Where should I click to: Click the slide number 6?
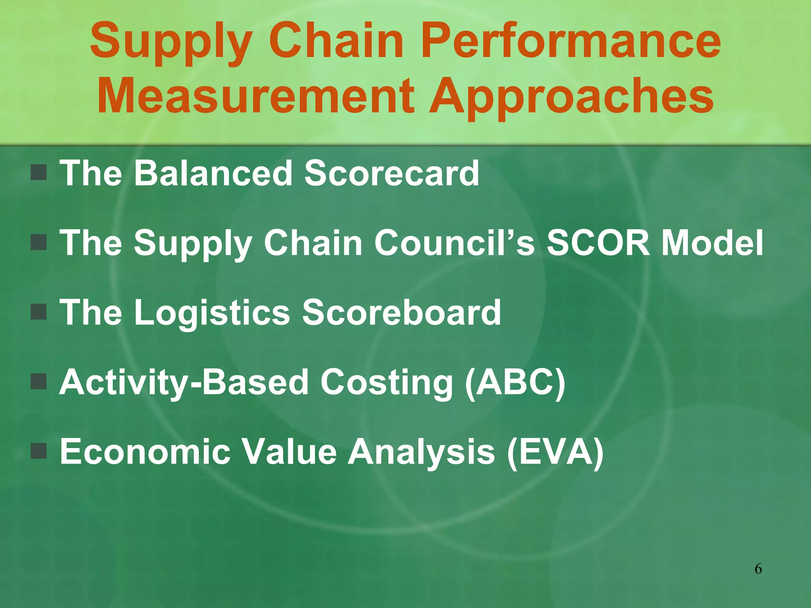(x=758, y=569)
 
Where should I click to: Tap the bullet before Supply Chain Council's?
(x=39, y=242)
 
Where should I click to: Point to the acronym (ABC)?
(x=515, y=382)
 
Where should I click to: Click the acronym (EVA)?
(x=555, y=452)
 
